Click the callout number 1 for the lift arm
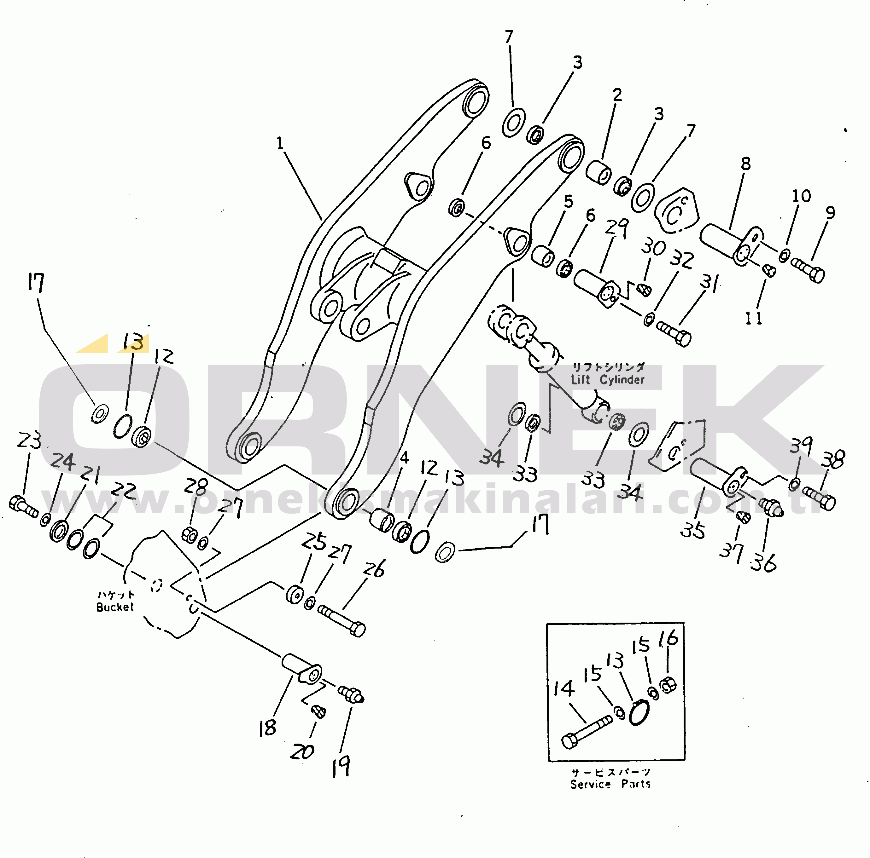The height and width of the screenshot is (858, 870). pos(280,143)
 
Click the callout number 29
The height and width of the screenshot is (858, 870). pos(616,227)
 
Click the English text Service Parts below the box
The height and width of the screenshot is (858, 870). pos(610,784)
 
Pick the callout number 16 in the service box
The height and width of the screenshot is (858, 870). pos(668,638)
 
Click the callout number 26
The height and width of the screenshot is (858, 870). pos(374,569)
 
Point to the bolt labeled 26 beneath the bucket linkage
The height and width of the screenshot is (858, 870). pos(342,621)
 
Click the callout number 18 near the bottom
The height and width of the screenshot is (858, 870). pos(267,728)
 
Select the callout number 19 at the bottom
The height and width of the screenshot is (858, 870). pos(341,767)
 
